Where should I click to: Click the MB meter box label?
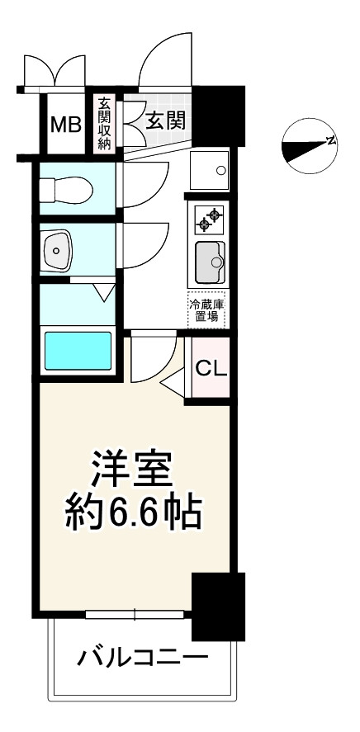pyautogui.click(x=66, y=125)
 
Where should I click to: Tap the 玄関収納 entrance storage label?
pyautogui.click(x=104, y=123)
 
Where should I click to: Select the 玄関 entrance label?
pyautogui.click(x=166, y=120)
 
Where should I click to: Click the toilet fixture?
pyautogui.click(x=66, y=190)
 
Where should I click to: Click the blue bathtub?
pyautogui.click(x=78, y=351)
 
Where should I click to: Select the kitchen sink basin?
pyautogui.click(x=210, y=262)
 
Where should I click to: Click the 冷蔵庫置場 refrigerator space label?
pyautogui.click(x=206, y=310)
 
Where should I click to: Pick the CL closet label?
pyautogui.click(x=211, y=368)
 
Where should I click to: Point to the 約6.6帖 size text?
pyautogui.click(x=133, y=513)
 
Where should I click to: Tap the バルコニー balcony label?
pyautogui.click(x=142, y=659)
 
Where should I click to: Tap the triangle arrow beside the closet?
pyautogui.click(x=173, y=382)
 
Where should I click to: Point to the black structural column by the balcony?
pyautogui.click(x=219, y=606)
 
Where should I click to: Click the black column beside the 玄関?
pyautogui.click(x=219, y=116)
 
